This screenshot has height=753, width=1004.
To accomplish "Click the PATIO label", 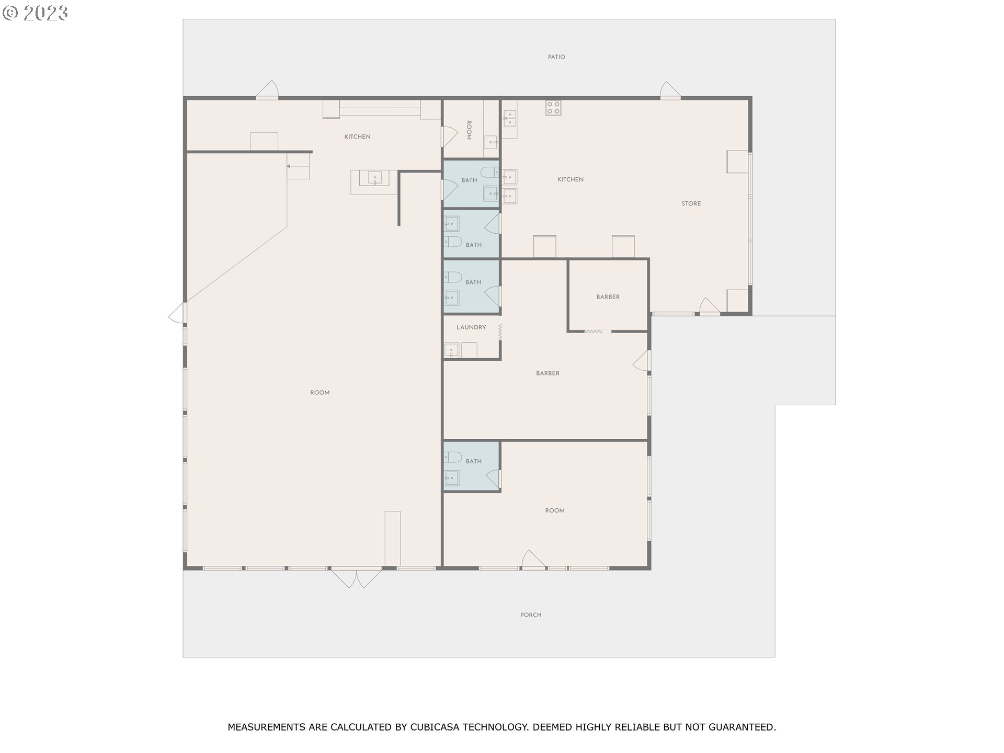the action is click(x=556, y=57).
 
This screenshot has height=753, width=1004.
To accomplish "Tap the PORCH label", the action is click(x=531, y=615).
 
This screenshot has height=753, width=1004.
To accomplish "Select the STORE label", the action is click(x=691, y=203).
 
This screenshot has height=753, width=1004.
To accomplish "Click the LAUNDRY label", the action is click(x=471, y=327).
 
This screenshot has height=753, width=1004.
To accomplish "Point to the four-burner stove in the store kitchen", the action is click(x=553, y=108).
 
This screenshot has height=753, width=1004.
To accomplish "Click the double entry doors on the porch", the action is click(x=357, y=577).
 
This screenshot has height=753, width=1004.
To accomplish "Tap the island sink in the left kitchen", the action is click(x=375, y=178).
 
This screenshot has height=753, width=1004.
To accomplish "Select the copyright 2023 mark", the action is click(x=35, y=13).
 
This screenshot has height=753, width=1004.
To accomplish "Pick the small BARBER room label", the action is click(x=608, y=297).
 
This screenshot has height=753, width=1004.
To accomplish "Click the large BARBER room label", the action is click(x=547, y=373).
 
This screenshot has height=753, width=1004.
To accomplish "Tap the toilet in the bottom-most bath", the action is click(x=453, y=457).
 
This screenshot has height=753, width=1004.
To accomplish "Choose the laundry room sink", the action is click(x=451, y=350).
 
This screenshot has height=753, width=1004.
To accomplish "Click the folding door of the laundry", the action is click(x=500, y=333).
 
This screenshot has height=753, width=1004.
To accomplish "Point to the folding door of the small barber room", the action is click(x=594, y=331).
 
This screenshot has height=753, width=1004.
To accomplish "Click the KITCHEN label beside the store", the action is click(x=571, y=179).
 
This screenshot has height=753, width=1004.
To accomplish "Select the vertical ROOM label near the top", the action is click(x=469, y=130).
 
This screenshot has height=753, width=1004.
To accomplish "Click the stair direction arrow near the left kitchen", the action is click(x=298, y=166).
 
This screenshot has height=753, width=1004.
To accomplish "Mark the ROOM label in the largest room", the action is click(x=320, y=393).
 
